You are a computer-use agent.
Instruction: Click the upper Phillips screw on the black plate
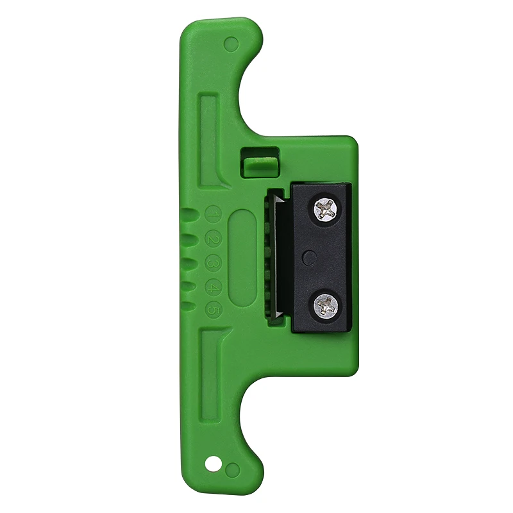pyautogui.click(x=326, y=209)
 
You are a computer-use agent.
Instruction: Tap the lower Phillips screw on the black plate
pyautogui.click(x=326, y=305)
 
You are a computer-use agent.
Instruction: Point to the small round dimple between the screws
pyautogui.click(x=310, y=258)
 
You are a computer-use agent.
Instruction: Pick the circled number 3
pyautogui.click(x=213, y=264)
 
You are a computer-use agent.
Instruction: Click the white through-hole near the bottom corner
pyautogui.click(x=212, y=462)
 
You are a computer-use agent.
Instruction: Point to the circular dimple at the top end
pyautogui.click(x=231, y=44)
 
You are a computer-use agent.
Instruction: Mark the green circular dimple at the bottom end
pyautogui.click(x=233, y=469)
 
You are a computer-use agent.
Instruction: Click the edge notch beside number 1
pyautogui.click(x=186, y=215)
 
